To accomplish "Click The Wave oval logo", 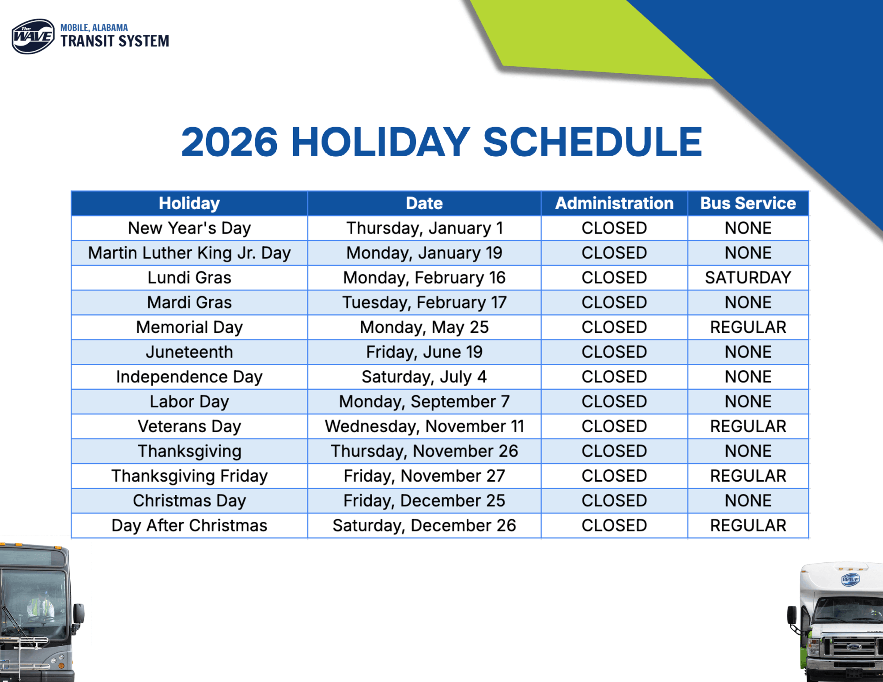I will click(x=33, y=37).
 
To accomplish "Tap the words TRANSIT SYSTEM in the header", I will click(x=115, y=41).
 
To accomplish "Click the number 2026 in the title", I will click(x=229, y=142).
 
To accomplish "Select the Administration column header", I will click(x=614, y=203).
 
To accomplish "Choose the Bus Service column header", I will click(x=748, y=203).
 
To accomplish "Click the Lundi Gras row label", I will click(x=189, y=278).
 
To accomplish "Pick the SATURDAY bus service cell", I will click(x=748, y=278).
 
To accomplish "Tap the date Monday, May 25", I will click(x=424, y=327).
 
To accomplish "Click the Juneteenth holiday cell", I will click(x=189, y=352).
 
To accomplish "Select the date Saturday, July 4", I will click(x=424, y=377).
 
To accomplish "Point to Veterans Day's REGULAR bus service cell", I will click(x=748, y=426).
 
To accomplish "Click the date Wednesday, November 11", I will click(x=424, y=426).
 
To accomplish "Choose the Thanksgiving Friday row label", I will click(x=189, y=476).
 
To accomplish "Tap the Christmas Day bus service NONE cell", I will click(x=748, y=501).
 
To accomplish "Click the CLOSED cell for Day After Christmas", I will click(x=614, y=525).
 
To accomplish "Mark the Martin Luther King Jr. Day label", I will click(x=189, y=253).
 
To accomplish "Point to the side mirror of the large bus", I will click(x=79, y=614).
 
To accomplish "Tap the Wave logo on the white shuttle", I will click(x=850, y=579).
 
